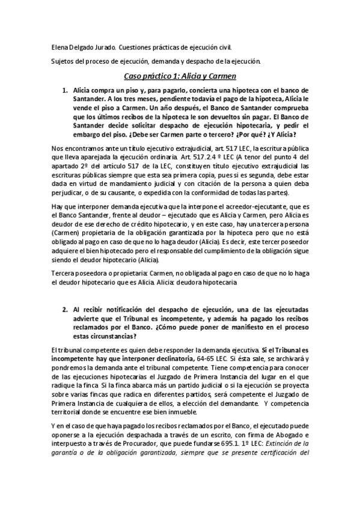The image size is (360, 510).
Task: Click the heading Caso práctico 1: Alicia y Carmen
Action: pos(180,76)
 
